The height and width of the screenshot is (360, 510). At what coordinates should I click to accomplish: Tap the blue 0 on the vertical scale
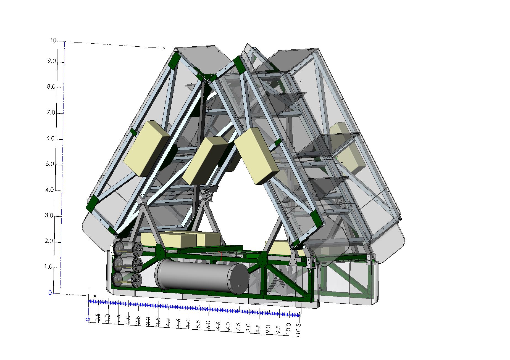[x=50, y=293]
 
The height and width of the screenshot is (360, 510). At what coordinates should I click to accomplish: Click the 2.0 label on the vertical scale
[x=49, y=242]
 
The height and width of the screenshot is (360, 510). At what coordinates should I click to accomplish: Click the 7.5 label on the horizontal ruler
[x=238, y=326]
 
